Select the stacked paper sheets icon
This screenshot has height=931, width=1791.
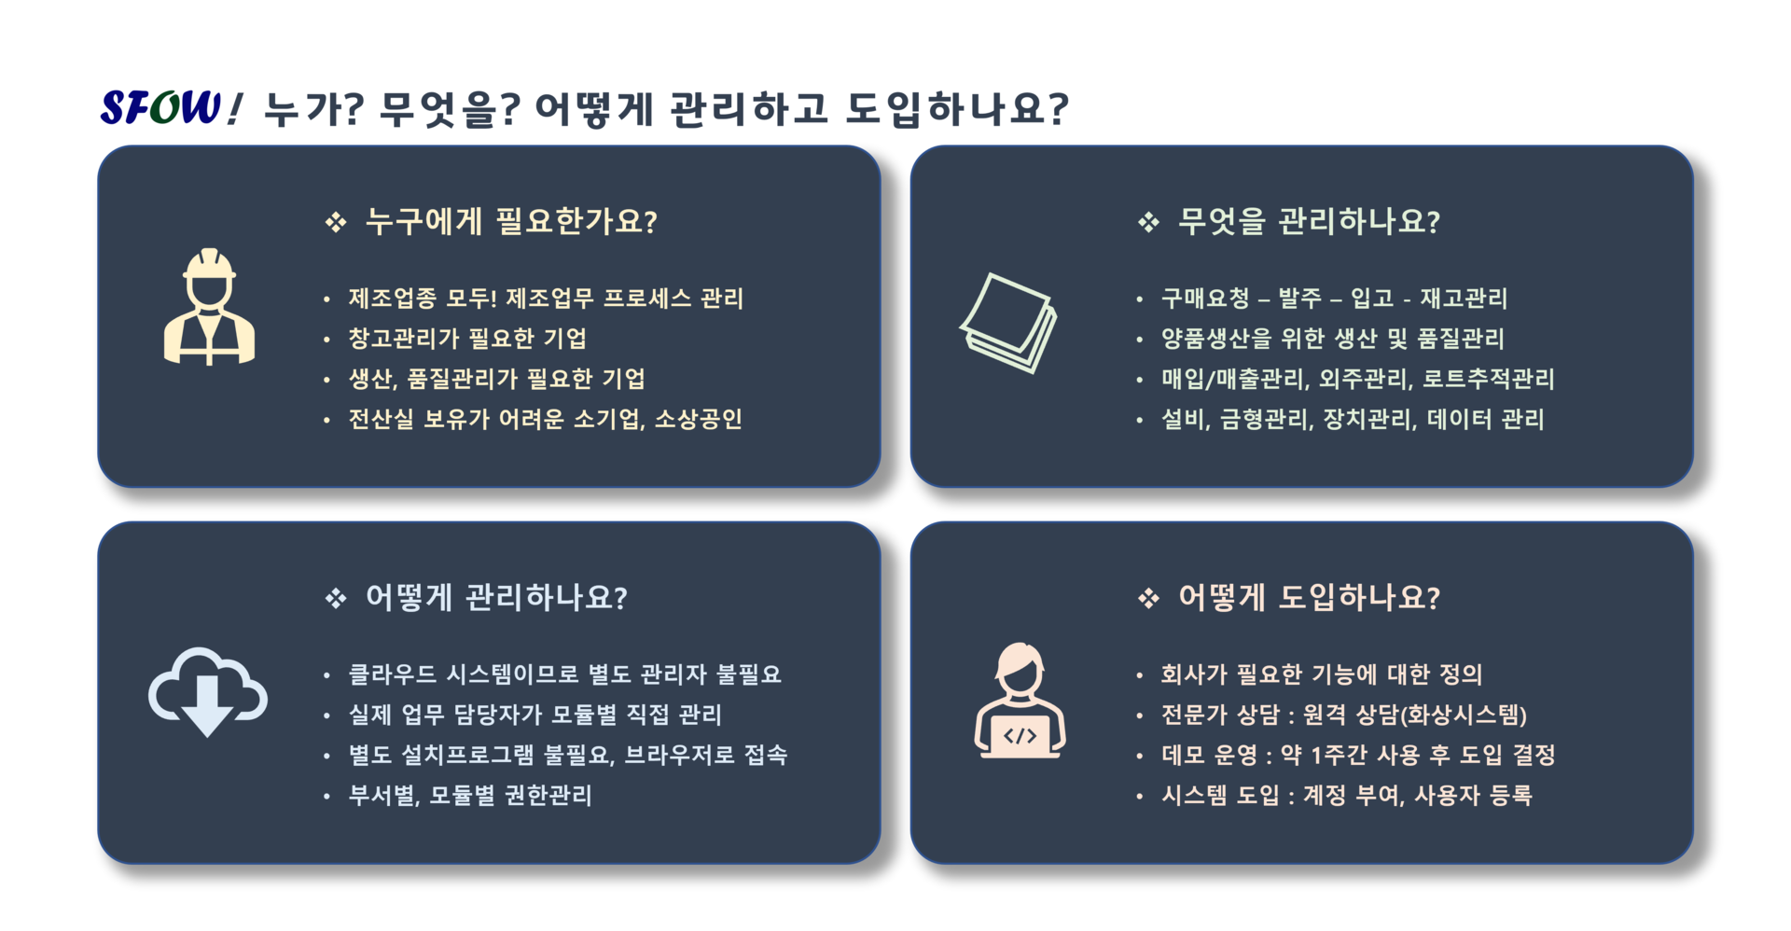tap(1008, 323)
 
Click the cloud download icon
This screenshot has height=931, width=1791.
tap(207, 691)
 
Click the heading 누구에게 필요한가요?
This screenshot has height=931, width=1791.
tap(511, 222)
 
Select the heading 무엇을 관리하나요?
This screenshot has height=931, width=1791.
tap(1309, 222)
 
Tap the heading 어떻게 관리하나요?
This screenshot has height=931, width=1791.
tap(496, 597)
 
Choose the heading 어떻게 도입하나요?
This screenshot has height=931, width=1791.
tap(1309, 597)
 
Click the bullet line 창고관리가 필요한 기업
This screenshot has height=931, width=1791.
tap(467, 339)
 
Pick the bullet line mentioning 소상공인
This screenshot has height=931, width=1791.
tap(545, 419)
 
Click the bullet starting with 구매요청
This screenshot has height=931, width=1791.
tap(1334, 299)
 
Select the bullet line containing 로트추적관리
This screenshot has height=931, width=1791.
tap(1357, 379)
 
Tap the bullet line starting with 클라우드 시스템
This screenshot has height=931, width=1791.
tap(564, 674)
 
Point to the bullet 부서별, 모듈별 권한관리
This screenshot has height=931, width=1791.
tap(470, 795)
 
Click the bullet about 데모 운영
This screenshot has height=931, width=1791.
tap(1358, 755)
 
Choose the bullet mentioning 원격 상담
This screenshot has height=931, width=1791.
tap(1343, 715)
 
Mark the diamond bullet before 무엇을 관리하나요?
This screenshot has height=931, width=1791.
tap(1148, 222)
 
